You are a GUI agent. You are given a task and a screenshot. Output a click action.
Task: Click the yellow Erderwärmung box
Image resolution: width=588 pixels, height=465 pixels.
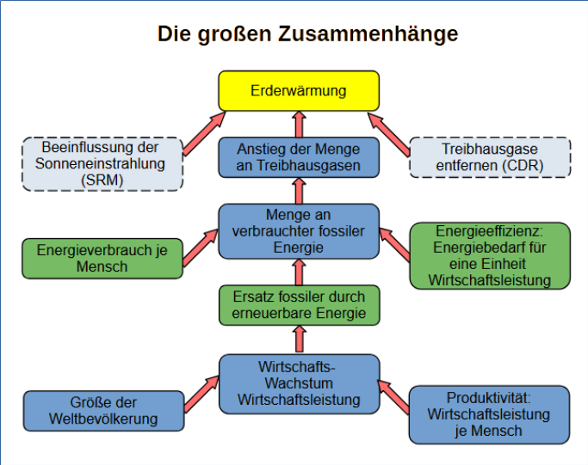(x=298, y=90)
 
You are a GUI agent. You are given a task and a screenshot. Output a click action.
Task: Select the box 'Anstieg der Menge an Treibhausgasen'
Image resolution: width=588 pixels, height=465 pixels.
(x=298, y=157)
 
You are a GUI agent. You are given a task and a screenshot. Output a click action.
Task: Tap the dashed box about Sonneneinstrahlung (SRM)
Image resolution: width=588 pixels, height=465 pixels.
(x=102, y=163)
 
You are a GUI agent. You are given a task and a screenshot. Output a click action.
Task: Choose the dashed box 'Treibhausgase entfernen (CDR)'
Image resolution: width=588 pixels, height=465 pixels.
(x=489, y=157)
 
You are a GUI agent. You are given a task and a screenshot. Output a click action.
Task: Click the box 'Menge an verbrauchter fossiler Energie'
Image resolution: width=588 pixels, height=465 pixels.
(x=298, y=231)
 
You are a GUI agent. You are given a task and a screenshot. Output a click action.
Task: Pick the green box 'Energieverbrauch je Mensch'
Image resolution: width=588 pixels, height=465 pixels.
(x=102, y=259)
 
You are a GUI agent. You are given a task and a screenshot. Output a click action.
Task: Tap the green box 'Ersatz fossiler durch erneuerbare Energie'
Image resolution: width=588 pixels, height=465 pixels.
(x=298, y=305)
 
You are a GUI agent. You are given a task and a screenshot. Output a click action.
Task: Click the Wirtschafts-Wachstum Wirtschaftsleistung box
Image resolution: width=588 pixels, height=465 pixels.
(x=298, y=383)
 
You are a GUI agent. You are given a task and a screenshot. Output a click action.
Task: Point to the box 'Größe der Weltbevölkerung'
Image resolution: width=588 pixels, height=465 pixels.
(x=103, y=411)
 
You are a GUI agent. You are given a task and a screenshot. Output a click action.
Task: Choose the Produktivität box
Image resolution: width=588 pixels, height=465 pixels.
(x=488, y=414)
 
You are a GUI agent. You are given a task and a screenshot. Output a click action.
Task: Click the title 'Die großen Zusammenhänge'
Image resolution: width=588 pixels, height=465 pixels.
(x=306, y=34)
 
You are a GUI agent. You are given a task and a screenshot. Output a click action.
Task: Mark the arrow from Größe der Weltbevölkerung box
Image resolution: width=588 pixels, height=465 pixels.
(x=201, y=393)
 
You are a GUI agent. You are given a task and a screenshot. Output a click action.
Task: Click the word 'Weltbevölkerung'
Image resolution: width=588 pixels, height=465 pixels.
(x=103, y=419)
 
